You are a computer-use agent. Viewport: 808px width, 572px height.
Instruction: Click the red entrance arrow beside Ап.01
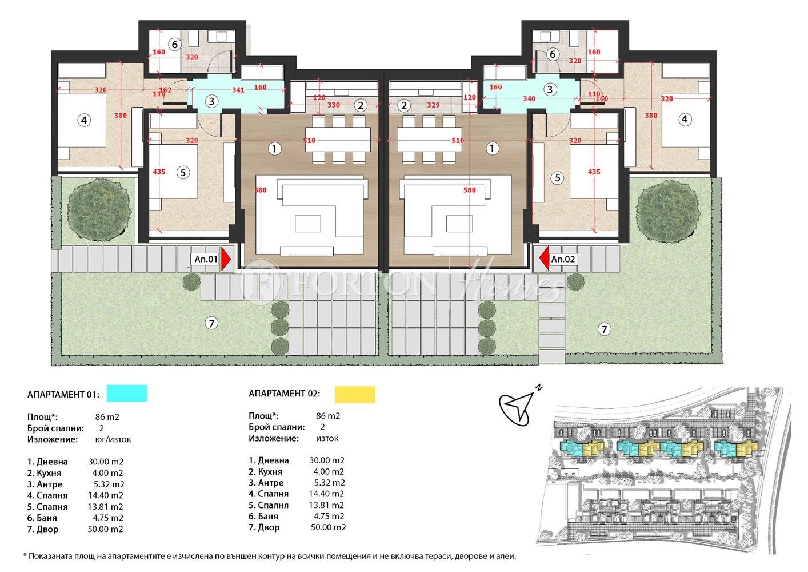coord(226,259)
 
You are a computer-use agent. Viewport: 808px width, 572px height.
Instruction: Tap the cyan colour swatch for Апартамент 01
coord(126,394)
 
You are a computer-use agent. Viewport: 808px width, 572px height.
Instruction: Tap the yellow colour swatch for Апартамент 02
coord(354,394)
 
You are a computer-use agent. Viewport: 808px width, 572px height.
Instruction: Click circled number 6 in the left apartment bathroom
coord(175,44)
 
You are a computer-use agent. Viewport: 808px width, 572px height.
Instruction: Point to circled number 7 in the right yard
coord(604,329)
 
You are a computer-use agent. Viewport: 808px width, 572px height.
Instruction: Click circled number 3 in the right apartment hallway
coord(550,89)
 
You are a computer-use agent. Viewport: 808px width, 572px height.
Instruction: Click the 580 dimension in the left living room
coord(260,190)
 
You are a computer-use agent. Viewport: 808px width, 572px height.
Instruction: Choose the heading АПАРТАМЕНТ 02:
coord(284,394)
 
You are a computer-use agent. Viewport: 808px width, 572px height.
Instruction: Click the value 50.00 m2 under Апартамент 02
coord(328,527)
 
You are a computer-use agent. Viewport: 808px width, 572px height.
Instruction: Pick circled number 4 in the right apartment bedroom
coord(685,120)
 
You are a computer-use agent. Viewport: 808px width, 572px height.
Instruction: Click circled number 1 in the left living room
coord(274,149)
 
